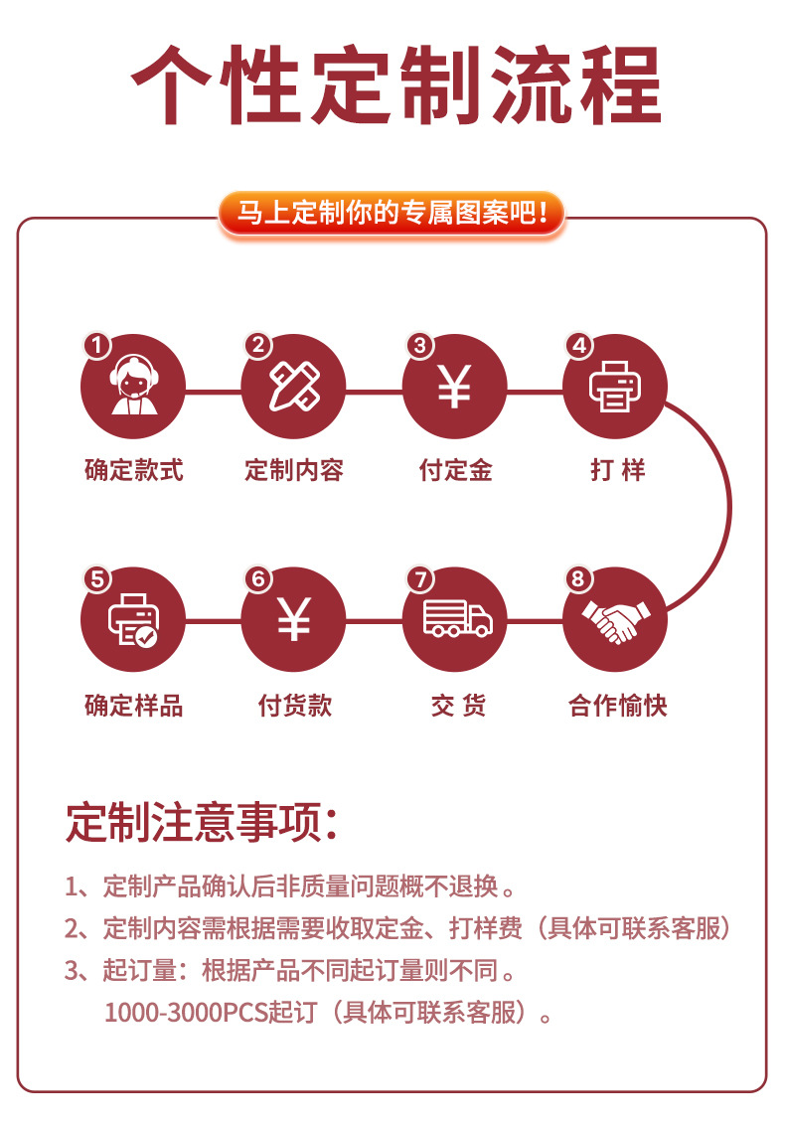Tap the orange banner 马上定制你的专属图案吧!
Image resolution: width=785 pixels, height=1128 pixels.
(392, 213)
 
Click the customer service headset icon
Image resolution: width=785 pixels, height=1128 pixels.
(132, 387)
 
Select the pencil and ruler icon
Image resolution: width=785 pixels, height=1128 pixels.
(294, 387)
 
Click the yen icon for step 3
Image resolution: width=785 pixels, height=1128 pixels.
(454, 387)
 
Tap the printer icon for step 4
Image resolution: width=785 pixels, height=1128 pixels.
(615, 387)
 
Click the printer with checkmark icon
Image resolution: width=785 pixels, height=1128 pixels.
(132, 620)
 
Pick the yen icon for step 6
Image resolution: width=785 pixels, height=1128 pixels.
(294, 620)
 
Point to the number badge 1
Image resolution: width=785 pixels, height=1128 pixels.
(96, 345)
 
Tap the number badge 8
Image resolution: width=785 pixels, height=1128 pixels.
(578, 578)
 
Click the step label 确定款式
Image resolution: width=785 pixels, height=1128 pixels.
(133, 470)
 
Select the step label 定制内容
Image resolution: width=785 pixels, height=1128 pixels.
(294, 470)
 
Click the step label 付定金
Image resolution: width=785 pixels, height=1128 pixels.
(455, 470)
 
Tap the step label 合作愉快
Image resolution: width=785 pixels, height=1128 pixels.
(617, 706)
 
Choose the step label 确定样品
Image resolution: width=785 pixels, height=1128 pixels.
(133, 706)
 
